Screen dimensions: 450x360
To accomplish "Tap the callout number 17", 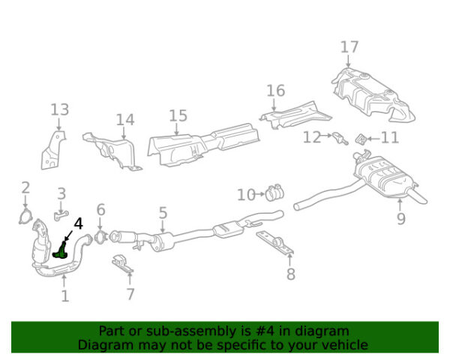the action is [x=349, y=47].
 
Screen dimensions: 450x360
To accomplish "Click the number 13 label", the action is [x=60, y=110].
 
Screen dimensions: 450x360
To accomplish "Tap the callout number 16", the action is [x=276, y=91].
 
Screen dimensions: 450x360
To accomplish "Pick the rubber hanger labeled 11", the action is [x=361, y=139].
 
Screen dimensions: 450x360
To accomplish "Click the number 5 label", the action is [x=163, y=214].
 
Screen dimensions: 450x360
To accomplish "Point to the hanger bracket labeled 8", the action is [x=276, y=244].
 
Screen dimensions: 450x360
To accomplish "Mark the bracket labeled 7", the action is [x=121, y=265].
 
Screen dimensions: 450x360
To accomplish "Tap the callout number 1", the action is [x=64, y=295].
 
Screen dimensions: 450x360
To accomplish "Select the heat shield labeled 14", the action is [x=112, y=150].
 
